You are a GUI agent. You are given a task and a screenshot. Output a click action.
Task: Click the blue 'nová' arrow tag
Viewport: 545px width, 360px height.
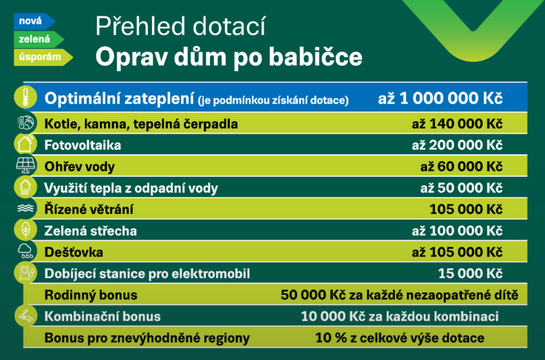[34, 21]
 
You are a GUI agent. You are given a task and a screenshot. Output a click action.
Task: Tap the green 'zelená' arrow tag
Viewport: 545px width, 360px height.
[39, 39]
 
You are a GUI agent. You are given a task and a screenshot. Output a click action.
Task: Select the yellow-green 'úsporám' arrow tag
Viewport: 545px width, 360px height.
[43, 57]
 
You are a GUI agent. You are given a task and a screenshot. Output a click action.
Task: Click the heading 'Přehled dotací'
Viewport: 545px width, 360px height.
[180, 26]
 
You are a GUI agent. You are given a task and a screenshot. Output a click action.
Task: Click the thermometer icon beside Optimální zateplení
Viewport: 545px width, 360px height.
[25, 97]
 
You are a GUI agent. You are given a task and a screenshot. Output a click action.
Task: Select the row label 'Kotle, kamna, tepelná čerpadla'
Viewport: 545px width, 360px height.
[141, 124]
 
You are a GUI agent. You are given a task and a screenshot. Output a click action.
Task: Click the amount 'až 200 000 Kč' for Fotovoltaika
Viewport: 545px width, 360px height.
[457, 145]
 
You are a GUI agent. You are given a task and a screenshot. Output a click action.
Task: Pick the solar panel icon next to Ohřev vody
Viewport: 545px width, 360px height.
[25, 165]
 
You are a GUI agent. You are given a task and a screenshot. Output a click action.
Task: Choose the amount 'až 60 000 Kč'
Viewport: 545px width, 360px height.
[461, 167]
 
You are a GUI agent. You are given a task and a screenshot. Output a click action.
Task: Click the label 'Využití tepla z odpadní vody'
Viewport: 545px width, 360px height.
[131, 188]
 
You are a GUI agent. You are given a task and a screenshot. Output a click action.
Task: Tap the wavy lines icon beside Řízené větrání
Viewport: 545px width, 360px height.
[25, 208]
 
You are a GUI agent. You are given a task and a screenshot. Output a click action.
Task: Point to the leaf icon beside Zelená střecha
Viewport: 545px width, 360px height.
[25, 230]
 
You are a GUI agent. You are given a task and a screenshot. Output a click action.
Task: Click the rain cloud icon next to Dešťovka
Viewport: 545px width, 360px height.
[25, 251]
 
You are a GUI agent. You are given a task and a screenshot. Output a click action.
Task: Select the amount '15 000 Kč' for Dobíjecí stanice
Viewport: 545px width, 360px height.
[470, 274]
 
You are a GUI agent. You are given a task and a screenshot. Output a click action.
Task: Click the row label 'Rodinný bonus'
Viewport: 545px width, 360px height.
[91, 295]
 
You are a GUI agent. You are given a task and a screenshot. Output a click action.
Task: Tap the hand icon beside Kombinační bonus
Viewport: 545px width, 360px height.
[25, 315]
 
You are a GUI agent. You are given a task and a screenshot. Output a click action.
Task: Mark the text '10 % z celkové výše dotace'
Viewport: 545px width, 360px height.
[400, 338]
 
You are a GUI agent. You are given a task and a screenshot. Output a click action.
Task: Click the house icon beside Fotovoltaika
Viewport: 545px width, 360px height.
[25, 144]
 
